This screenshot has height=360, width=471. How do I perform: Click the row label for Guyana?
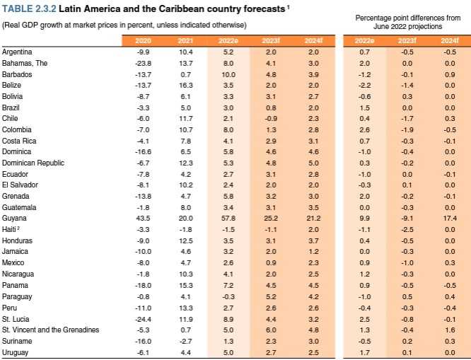click(13, 219)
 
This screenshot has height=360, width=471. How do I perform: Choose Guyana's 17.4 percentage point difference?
click(450, 219)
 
